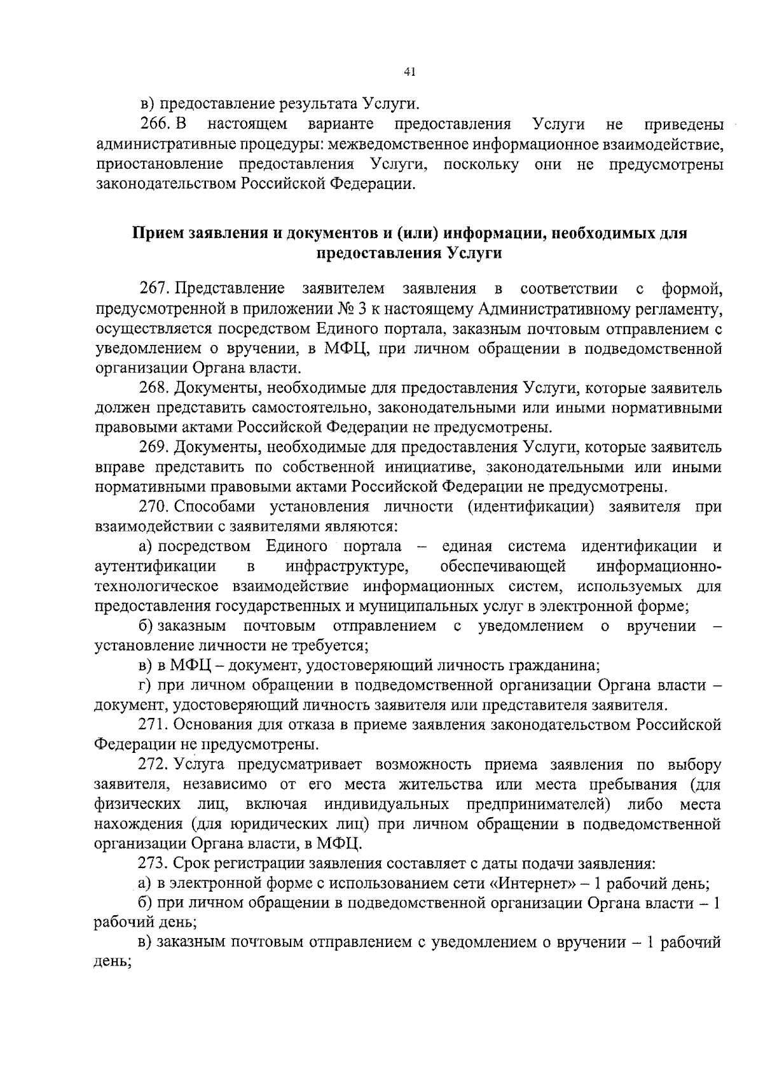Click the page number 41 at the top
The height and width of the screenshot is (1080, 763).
coord(409,73)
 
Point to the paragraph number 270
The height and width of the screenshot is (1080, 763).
coord(153,507)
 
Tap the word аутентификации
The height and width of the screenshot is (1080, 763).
coord(155,566)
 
